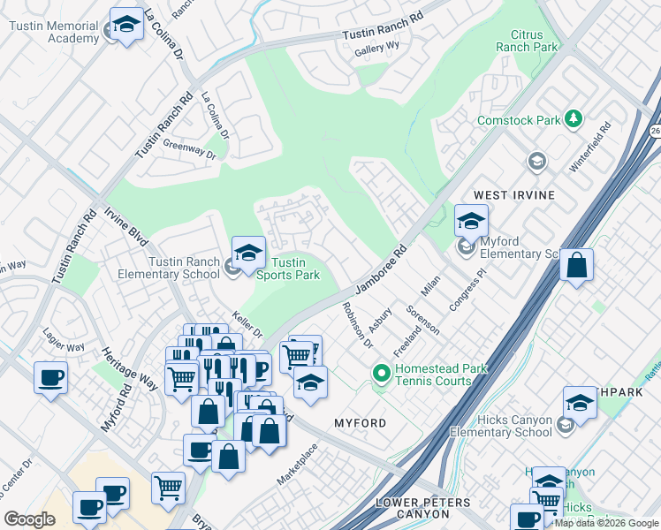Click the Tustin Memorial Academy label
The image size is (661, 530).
click(53, 33)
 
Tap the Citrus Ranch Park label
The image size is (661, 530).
click(527, 40)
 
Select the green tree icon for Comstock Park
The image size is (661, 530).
click(574, 118)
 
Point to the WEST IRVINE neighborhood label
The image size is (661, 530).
click(514, 194)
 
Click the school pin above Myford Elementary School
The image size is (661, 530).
click(471, 221)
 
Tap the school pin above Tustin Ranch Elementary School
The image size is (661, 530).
click(248, 253)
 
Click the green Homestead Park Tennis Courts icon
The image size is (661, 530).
click(381, 374)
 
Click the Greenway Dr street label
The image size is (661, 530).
click(189, 151)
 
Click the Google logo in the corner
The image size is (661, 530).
click(30, 519)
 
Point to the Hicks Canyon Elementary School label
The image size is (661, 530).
click(501, 426)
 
